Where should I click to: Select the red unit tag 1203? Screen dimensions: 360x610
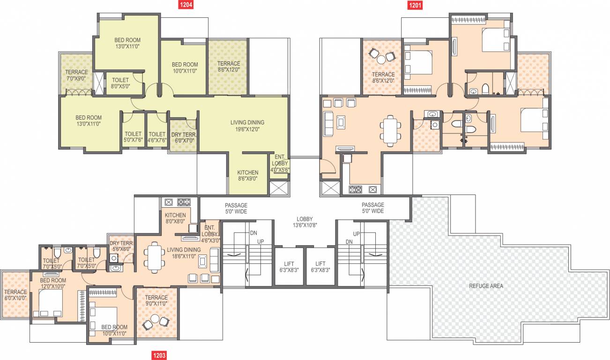pyautogui.click(x=158, y=355)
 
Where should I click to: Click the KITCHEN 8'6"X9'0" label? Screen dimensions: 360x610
pyautogui.click(x=247, y=175)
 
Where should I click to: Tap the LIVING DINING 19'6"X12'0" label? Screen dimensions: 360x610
pyautogui.click(x=247, y=126)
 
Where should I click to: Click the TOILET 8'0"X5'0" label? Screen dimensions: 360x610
pyautogui.click(x=120, y=83)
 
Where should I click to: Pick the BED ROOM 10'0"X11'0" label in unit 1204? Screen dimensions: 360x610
pyautogui.click(x=185, y=67)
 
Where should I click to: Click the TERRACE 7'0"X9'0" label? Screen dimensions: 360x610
pyautogui.click(x=76, y=75)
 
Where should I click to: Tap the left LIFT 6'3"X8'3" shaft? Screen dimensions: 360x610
pyautogui.click(x=289, y=267)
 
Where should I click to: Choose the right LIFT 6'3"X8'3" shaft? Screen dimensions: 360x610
pyautogui.click(x=320, y=267)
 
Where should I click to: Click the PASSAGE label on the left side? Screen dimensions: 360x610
pyautogui.click(x=236, y=208)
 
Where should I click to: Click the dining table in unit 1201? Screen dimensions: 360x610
pyautogui.click(x=390, y=130)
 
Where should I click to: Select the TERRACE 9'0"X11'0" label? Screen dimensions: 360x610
pyautogui.click(x=156, y=301)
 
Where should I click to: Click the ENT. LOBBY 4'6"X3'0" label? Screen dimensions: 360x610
pyautogui.click(x=209, y=231)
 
